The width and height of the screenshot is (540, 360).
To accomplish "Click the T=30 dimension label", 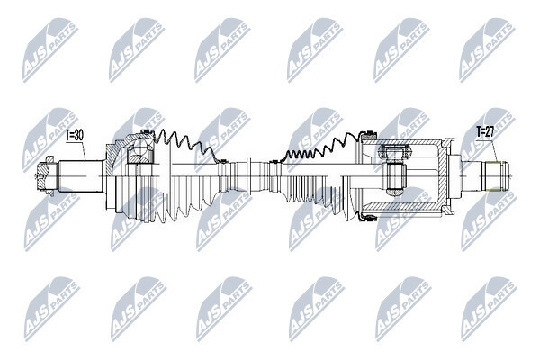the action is pos(75,135).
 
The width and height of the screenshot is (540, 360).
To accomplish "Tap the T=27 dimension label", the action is pos(485,132).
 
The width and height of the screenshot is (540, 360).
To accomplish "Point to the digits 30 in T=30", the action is pos(79,135).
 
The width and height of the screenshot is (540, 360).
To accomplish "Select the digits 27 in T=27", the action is pos(490,132).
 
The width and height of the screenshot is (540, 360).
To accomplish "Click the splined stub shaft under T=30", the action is pos(81,176).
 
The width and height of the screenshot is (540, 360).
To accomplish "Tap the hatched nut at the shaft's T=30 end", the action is pos(46,175).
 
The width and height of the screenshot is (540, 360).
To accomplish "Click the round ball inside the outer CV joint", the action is pos(140,150).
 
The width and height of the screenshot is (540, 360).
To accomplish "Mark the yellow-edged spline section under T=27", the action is pos(495,176).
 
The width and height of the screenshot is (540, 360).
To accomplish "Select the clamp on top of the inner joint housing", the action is pos(368,134).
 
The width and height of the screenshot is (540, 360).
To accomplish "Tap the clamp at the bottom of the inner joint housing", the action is pos(368,218).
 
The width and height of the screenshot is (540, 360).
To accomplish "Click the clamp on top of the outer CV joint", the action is pos(148,133).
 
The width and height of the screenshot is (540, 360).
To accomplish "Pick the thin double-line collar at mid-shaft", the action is pos(249,176).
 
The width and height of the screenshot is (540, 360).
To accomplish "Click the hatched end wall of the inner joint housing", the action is pos(446,176).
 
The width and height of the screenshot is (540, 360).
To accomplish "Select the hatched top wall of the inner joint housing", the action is pos(403,142).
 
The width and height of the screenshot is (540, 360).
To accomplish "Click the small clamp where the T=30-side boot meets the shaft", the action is pos(222,162).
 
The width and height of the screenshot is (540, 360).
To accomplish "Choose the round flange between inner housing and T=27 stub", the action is pos(455,176).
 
